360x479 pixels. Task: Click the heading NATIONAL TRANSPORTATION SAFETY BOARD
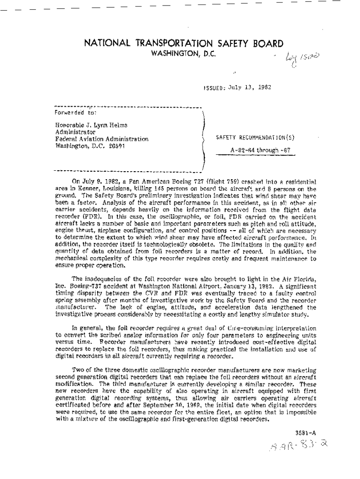tap(183, 44)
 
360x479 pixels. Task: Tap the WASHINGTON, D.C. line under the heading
tap(183, 54)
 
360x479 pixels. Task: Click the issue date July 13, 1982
tap(249, 87)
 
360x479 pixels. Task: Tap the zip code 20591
tap(116, 145)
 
